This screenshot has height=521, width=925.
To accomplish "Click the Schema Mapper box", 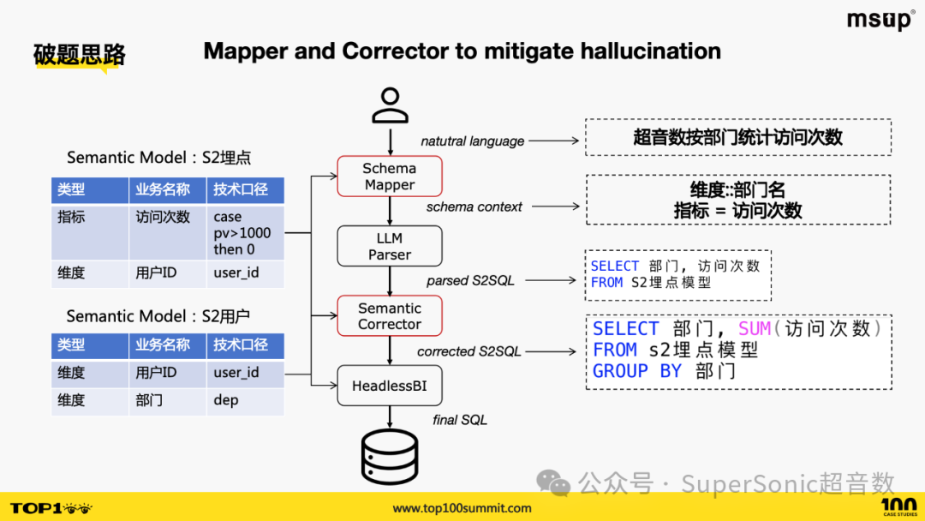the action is (x=390, y=177).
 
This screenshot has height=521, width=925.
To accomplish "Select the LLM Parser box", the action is (x=390, y=246).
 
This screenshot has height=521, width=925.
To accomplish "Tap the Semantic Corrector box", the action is (x=390, y=315).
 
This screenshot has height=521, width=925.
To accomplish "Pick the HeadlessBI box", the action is (x=390, y=386).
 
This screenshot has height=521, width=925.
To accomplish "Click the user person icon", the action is (x=390, y=105).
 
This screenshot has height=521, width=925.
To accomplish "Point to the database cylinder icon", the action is (x=390, y=458).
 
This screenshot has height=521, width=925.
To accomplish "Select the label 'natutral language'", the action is (x=473, y=141).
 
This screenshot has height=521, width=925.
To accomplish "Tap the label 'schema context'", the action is (x=474, y=207).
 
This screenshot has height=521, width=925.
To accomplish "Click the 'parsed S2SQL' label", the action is (x=471, y=281).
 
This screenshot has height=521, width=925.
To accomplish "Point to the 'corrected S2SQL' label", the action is (x=469, y=351).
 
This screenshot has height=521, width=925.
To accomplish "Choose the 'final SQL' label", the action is (x=460, y=420).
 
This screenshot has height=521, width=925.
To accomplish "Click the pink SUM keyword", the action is (x=755, y=328).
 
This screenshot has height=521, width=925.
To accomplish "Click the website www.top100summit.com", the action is (x=462, y=508).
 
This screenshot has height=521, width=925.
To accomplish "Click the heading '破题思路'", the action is (x=79, y=55).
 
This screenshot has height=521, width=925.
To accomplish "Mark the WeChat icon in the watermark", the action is (x=553, y=482).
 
